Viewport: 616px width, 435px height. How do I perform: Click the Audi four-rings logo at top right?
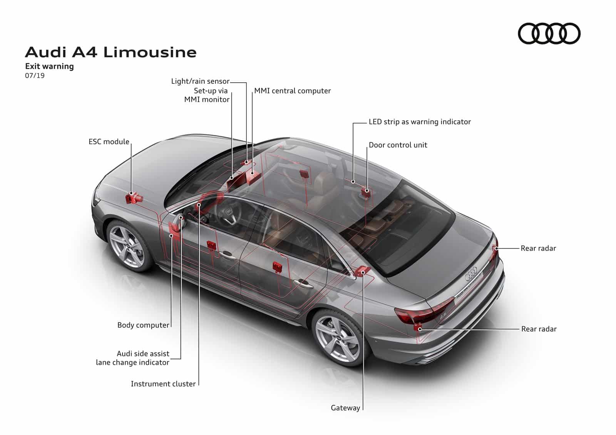549,33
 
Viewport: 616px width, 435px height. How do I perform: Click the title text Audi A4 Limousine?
111,52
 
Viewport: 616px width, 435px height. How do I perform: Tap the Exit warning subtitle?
49,66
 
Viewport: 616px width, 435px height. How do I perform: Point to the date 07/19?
35,75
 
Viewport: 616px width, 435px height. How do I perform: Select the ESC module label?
109,142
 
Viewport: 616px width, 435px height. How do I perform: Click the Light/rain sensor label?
200,81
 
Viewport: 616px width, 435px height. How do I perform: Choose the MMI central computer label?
292,91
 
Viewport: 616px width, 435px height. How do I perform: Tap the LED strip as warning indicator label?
420,122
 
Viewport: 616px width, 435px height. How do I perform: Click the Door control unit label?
398,145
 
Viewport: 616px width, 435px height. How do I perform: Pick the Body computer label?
143,325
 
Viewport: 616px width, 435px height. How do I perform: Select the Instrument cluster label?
163,383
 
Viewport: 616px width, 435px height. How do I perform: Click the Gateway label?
345,408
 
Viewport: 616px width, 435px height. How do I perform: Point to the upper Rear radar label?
538,248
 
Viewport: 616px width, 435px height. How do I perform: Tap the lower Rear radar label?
539,329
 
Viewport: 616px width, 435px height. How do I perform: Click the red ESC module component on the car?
133,198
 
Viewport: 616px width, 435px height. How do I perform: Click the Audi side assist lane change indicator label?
133,358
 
